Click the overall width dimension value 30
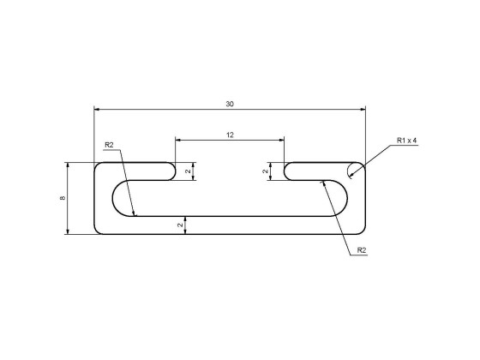[x=229, y=104]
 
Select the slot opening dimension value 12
[x=230, y=135]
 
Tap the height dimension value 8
[x=63, y=198]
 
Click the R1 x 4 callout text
[x=406, y=141]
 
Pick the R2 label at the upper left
[x=110, y=145]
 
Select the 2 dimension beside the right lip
[x=266, y=171]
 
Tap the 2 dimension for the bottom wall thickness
[x=180, y=225]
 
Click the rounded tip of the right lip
[x=285, y=171]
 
